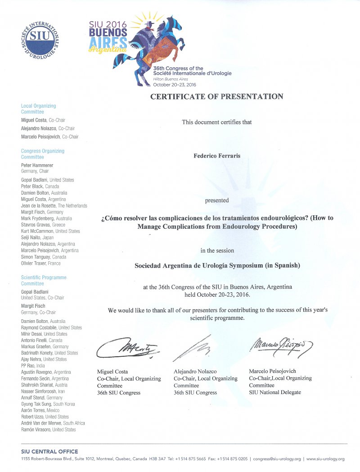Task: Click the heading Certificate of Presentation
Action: point(217,96)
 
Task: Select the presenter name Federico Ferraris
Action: point(217,156)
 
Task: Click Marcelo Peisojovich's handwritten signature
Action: point(280,345)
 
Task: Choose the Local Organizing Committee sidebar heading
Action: point(38,109)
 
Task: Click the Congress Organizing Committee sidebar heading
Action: point(42,154)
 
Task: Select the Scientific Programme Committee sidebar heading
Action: point(43,281)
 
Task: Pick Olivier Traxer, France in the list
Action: point(40,263)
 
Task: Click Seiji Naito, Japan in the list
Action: point(37,237)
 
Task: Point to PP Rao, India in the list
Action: point(33,366)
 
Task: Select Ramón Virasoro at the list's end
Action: point(48,430)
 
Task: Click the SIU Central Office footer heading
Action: point(49,452)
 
